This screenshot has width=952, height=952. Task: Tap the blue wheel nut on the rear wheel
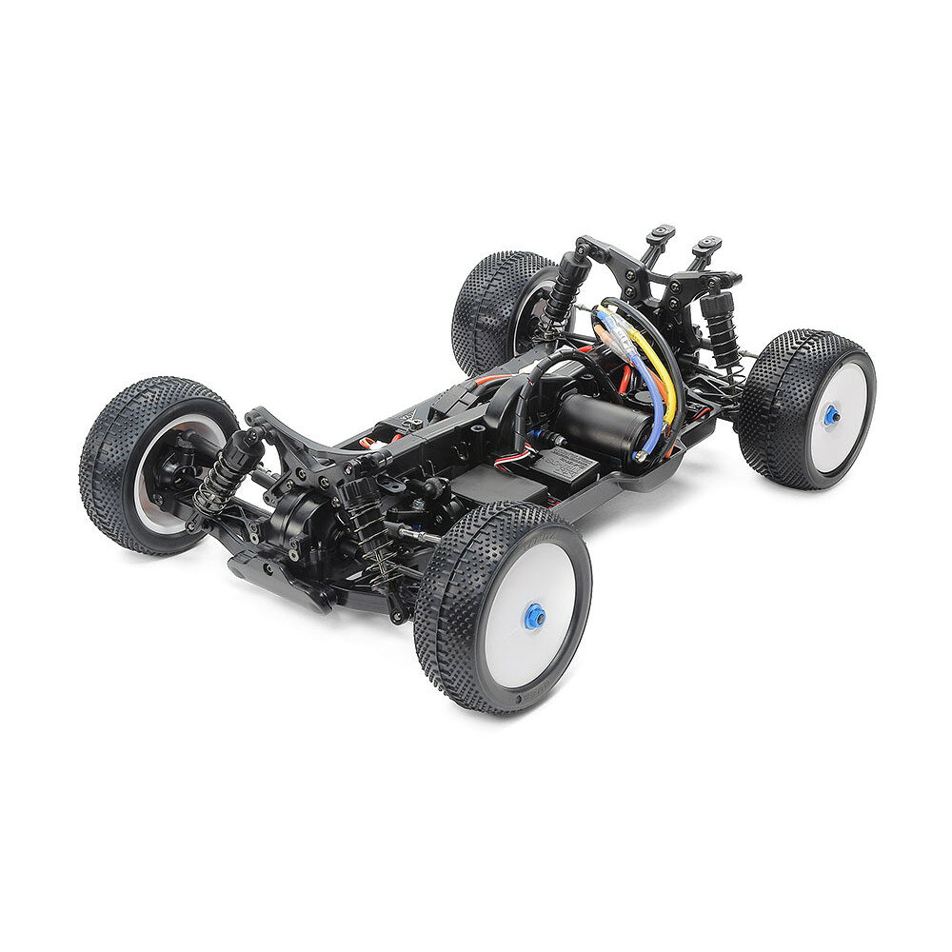pos(831,414)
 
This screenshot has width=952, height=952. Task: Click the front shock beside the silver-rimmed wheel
pos(225,466)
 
